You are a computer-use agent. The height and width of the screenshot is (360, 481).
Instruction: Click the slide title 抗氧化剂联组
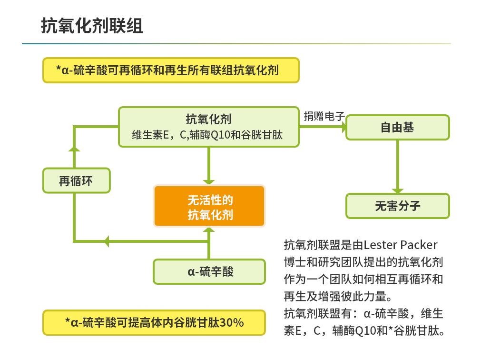92,26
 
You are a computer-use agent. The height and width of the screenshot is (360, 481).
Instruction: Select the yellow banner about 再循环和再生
171,70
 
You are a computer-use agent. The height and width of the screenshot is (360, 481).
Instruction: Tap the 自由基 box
397,128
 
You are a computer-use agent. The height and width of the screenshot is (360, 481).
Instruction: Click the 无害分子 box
397,206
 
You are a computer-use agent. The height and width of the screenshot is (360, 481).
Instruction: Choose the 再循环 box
76,181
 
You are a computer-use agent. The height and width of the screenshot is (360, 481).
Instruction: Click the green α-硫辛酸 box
209,272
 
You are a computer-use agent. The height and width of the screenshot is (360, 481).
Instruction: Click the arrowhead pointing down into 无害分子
397,190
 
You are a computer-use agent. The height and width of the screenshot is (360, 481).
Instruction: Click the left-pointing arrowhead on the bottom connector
107,241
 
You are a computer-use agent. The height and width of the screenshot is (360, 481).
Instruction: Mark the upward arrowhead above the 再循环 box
74,149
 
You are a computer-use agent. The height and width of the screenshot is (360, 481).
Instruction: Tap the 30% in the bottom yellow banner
232,322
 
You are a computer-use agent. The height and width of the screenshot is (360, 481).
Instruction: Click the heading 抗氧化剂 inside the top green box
209,119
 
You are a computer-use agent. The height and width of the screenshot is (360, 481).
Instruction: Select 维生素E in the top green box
150,135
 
